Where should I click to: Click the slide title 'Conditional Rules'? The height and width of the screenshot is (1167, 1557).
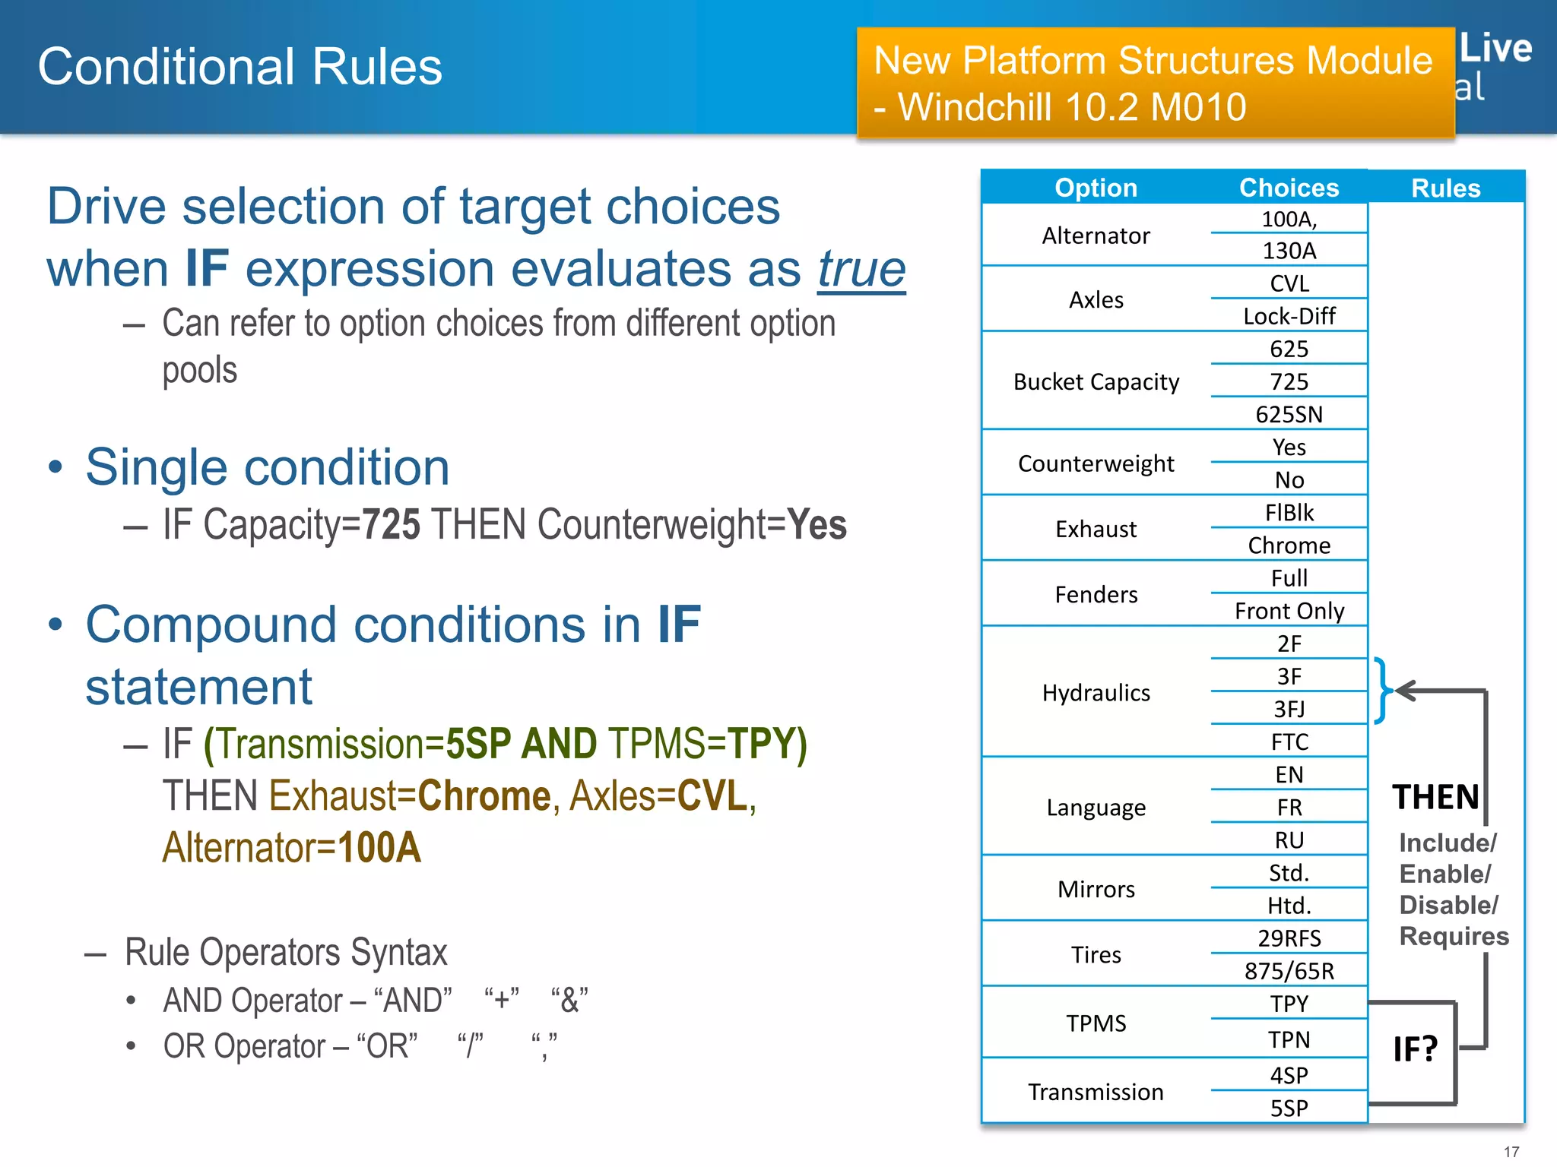click(239, 67)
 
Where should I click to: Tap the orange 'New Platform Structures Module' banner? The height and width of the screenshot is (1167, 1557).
click(1154, 84)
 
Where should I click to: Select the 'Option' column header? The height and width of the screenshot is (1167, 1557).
click(1096, 188)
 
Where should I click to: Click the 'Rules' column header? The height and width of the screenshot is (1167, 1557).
click(1445, 188)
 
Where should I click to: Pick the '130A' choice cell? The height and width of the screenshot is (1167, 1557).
click(1289, 251)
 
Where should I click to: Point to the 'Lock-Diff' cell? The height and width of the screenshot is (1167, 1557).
click(1289, 316)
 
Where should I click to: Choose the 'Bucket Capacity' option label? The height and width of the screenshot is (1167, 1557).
click(1096, 381)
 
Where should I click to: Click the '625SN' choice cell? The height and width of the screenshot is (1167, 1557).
click(1289, 414)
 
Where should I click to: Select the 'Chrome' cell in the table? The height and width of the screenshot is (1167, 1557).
click(1289, 546)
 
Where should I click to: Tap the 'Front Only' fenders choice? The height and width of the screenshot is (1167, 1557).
click(1289, 611)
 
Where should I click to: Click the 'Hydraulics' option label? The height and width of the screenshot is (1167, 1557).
click(1096, 693)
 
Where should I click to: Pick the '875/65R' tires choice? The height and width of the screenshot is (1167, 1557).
click(1289, 971)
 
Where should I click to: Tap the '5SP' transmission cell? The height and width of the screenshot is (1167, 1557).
click(1289, 1108)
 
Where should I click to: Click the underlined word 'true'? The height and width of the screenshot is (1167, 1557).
click(861, 269)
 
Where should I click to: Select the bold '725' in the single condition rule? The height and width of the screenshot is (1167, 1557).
click(391, 525)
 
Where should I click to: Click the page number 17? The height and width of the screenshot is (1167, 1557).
click(1511, 1152)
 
